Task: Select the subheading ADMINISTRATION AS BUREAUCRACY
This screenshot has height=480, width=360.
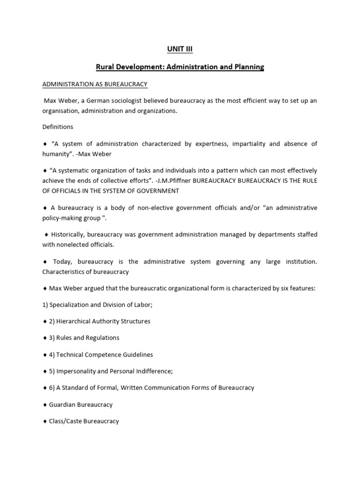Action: point(95,84)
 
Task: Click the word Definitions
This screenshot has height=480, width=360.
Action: point(58,127)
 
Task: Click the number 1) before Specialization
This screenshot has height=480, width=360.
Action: point(45,305)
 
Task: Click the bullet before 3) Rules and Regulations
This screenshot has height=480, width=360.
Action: point(45,338)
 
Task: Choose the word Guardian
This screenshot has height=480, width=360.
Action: point(64,405)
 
